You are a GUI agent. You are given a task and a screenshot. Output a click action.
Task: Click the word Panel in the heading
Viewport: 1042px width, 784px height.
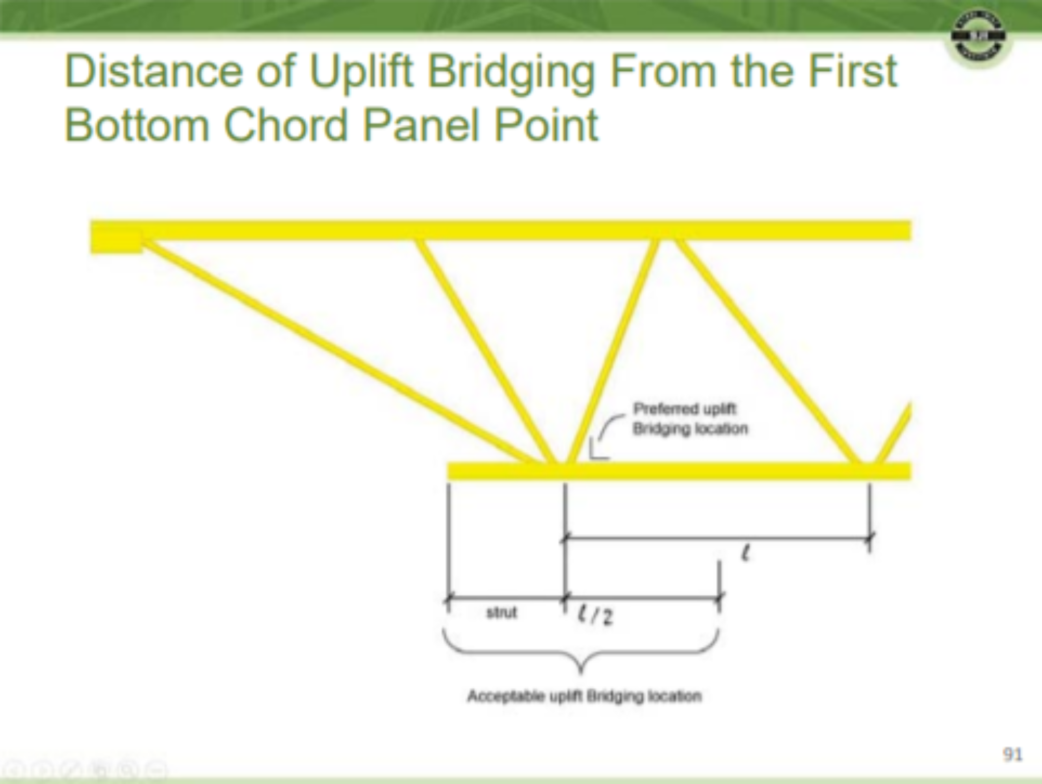click(420, 125)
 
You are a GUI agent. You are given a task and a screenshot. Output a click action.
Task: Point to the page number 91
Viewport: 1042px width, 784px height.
click(1012, 754)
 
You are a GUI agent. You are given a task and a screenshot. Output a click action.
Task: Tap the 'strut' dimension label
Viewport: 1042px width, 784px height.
click(502, 613)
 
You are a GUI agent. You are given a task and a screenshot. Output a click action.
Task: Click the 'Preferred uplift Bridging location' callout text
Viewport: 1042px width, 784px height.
click(690, 419)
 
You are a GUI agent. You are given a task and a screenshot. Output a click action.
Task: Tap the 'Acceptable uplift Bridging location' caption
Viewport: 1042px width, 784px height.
click(584, 695)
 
